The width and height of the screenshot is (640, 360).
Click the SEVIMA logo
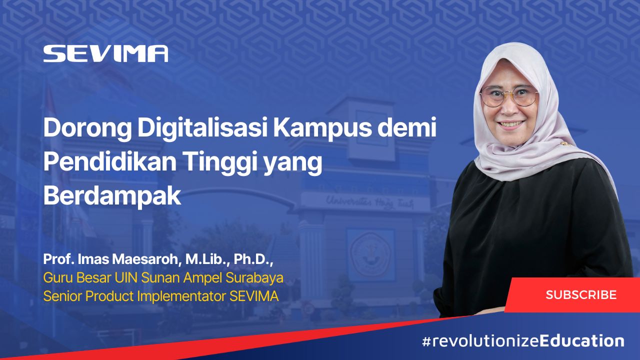(x=105, y=53)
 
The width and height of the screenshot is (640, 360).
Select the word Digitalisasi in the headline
(x=202, y=128)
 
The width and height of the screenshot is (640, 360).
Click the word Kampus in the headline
(x=322, y=129)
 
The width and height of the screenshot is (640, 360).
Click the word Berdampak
(x=112, y=196)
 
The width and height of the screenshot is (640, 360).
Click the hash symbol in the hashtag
(x=426, y=341)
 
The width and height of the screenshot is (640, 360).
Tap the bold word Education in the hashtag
(x=581, y=341)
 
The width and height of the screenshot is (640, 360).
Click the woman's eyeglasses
(x=509, y=96)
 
